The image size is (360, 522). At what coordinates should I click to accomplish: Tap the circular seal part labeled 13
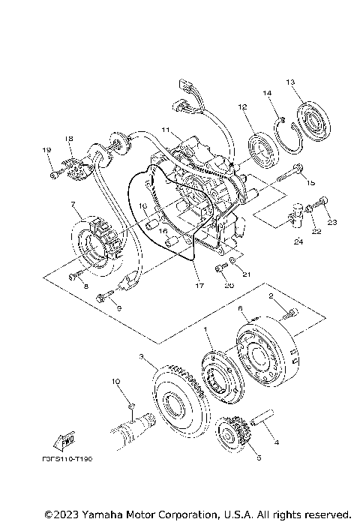point(310,119)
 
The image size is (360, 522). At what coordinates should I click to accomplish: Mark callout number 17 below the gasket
point(199,285)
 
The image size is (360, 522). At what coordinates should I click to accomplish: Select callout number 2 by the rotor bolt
point(262,298)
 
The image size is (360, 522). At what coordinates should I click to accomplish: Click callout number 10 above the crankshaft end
point(115,382)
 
